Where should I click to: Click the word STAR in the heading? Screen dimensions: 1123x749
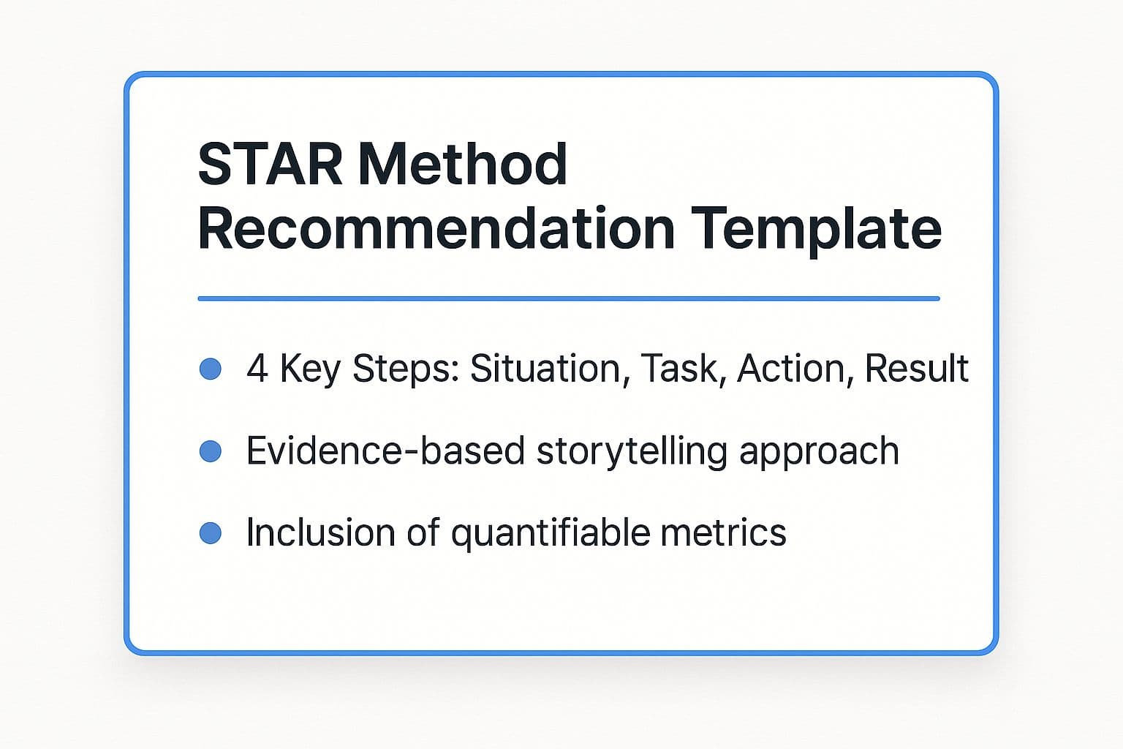(271, 164)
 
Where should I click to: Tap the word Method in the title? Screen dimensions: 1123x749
(462, 164)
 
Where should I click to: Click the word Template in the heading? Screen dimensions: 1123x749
(816, 230)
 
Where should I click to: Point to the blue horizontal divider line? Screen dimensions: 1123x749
(569, 298)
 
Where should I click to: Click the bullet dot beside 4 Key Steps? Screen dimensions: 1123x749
(210, 369)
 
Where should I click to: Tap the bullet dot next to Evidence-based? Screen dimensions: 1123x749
(210, 451)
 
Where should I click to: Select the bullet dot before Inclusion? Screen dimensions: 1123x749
(210, 532)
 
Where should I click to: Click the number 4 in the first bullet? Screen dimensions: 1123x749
(257, 368)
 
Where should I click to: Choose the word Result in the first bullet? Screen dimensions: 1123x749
(916, 368)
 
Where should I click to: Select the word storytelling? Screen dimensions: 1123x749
(632, 452)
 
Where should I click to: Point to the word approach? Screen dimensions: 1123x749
(819, 452)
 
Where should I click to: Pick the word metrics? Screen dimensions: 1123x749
(723, 532)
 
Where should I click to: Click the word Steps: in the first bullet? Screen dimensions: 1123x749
(406, 369)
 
